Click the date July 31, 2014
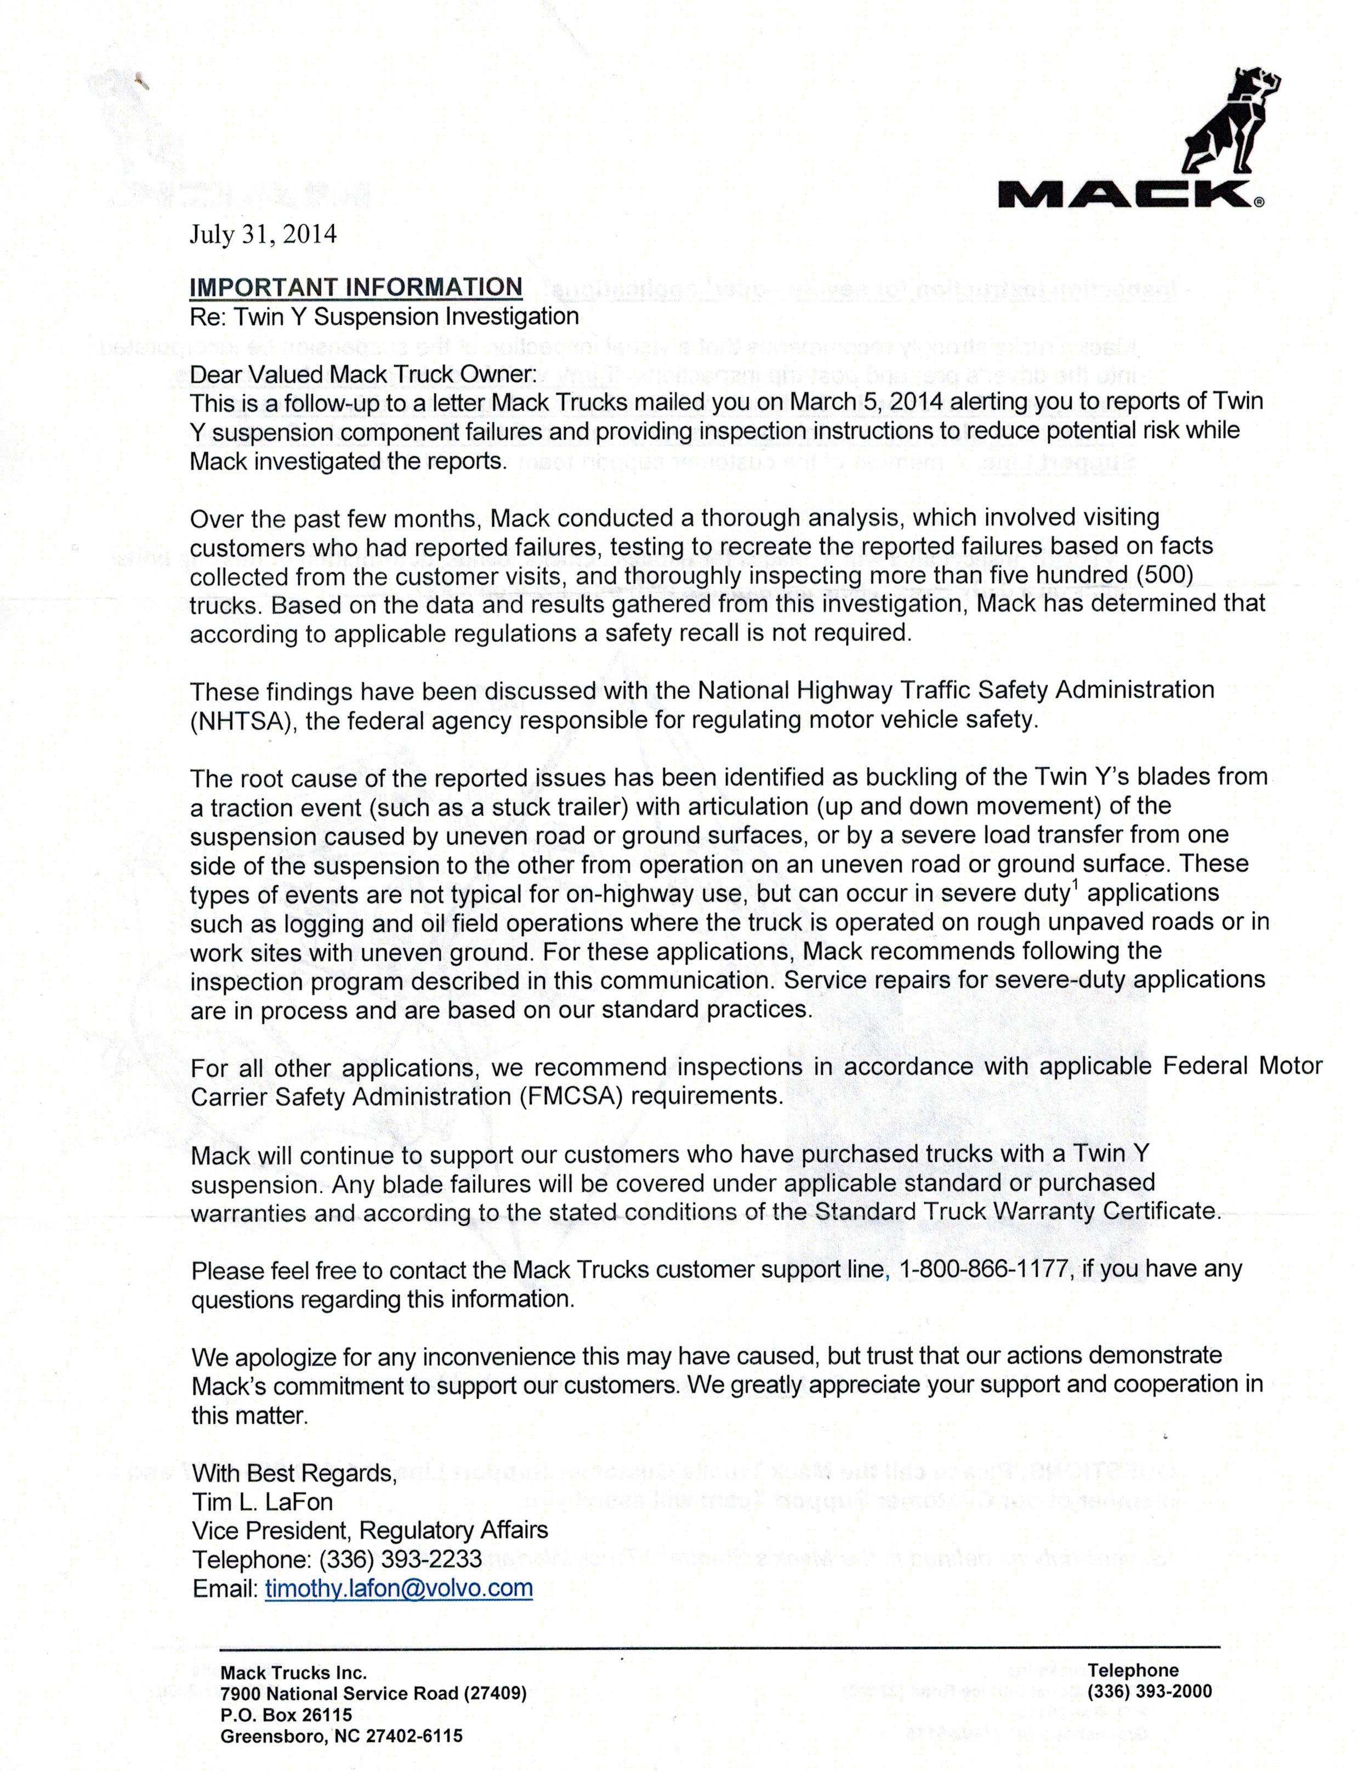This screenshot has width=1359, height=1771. tap(263, 235)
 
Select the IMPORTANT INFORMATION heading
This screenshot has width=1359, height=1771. tap(356, 287)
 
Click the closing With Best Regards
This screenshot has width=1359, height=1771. tap(294, 1472)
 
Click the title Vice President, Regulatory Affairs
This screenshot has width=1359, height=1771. tap(369, 1530)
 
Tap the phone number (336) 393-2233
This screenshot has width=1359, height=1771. tap(400, 1559)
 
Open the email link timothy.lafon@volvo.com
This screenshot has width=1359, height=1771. tap(399, 1588)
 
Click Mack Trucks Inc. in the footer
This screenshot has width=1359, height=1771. tap(294, 1672)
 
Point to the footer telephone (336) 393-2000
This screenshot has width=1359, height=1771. tap(1150, 1691)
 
